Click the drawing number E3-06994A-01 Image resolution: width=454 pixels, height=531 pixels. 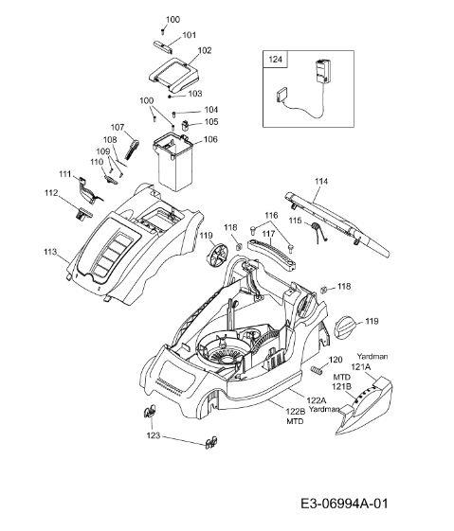point(344,504)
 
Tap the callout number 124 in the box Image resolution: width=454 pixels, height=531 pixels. point(275,60)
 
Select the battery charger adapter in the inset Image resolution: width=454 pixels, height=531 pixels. point(322,71)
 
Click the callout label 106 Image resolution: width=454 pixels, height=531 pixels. point(210,139)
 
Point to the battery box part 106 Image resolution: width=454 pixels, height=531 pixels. point(173,162)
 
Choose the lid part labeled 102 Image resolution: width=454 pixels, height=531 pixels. point(173,74)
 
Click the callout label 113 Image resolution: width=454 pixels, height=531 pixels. point(50,252)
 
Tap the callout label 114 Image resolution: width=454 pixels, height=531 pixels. point(321,181)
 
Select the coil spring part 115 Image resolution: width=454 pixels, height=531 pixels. point(318,232)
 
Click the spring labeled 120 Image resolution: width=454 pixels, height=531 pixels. point(316,370)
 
